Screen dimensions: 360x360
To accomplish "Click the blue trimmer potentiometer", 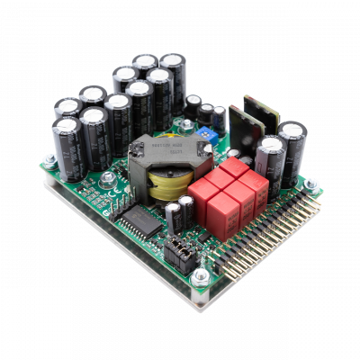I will tap(208, 132).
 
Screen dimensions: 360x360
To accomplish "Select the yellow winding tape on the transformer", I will tap(166, 186).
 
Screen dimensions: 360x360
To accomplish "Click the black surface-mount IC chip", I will tap(139, 220).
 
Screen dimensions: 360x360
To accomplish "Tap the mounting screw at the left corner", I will tap(49, 161).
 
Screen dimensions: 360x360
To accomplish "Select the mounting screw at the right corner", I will tap(310, 185).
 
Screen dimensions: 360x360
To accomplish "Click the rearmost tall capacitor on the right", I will tap(292, 144).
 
